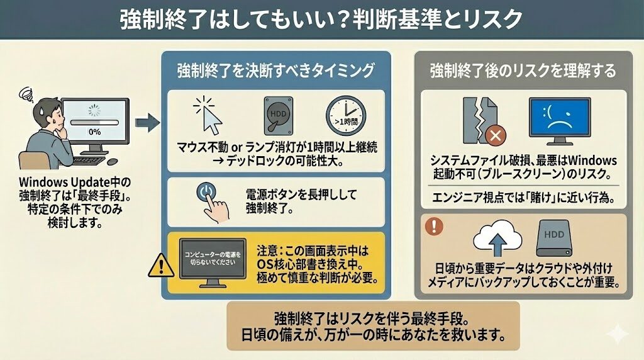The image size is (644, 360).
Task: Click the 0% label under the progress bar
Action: [94, 132]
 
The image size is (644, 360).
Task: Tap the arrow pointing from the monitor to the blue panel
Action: [147, 123]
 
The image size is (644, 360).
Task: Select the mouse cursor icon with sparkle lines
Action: [208, 115]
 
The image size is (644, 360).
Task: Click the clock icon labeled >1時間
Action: [345, 115]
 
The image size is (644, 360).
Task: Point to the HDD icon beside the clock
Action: [278, 115]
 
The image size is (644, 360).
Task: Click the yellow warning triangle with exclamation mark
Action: [161, 265]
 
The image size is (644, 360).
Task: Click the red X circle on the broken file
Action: [496, 135]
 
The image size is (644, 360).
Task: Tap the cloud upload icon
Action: [497, 239]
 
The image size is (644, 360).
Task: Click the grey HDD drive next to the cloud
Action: [553, 237]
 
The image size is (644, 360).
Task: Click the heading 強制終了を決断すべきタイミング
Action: [275, 70]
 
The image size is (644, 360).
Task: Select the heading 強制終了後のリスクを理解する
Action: [523, 70]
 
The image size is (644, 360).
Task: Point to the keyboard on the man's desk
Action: [88, 160]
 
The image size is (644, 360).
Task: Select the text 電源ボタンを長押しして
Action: [301, 194]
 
